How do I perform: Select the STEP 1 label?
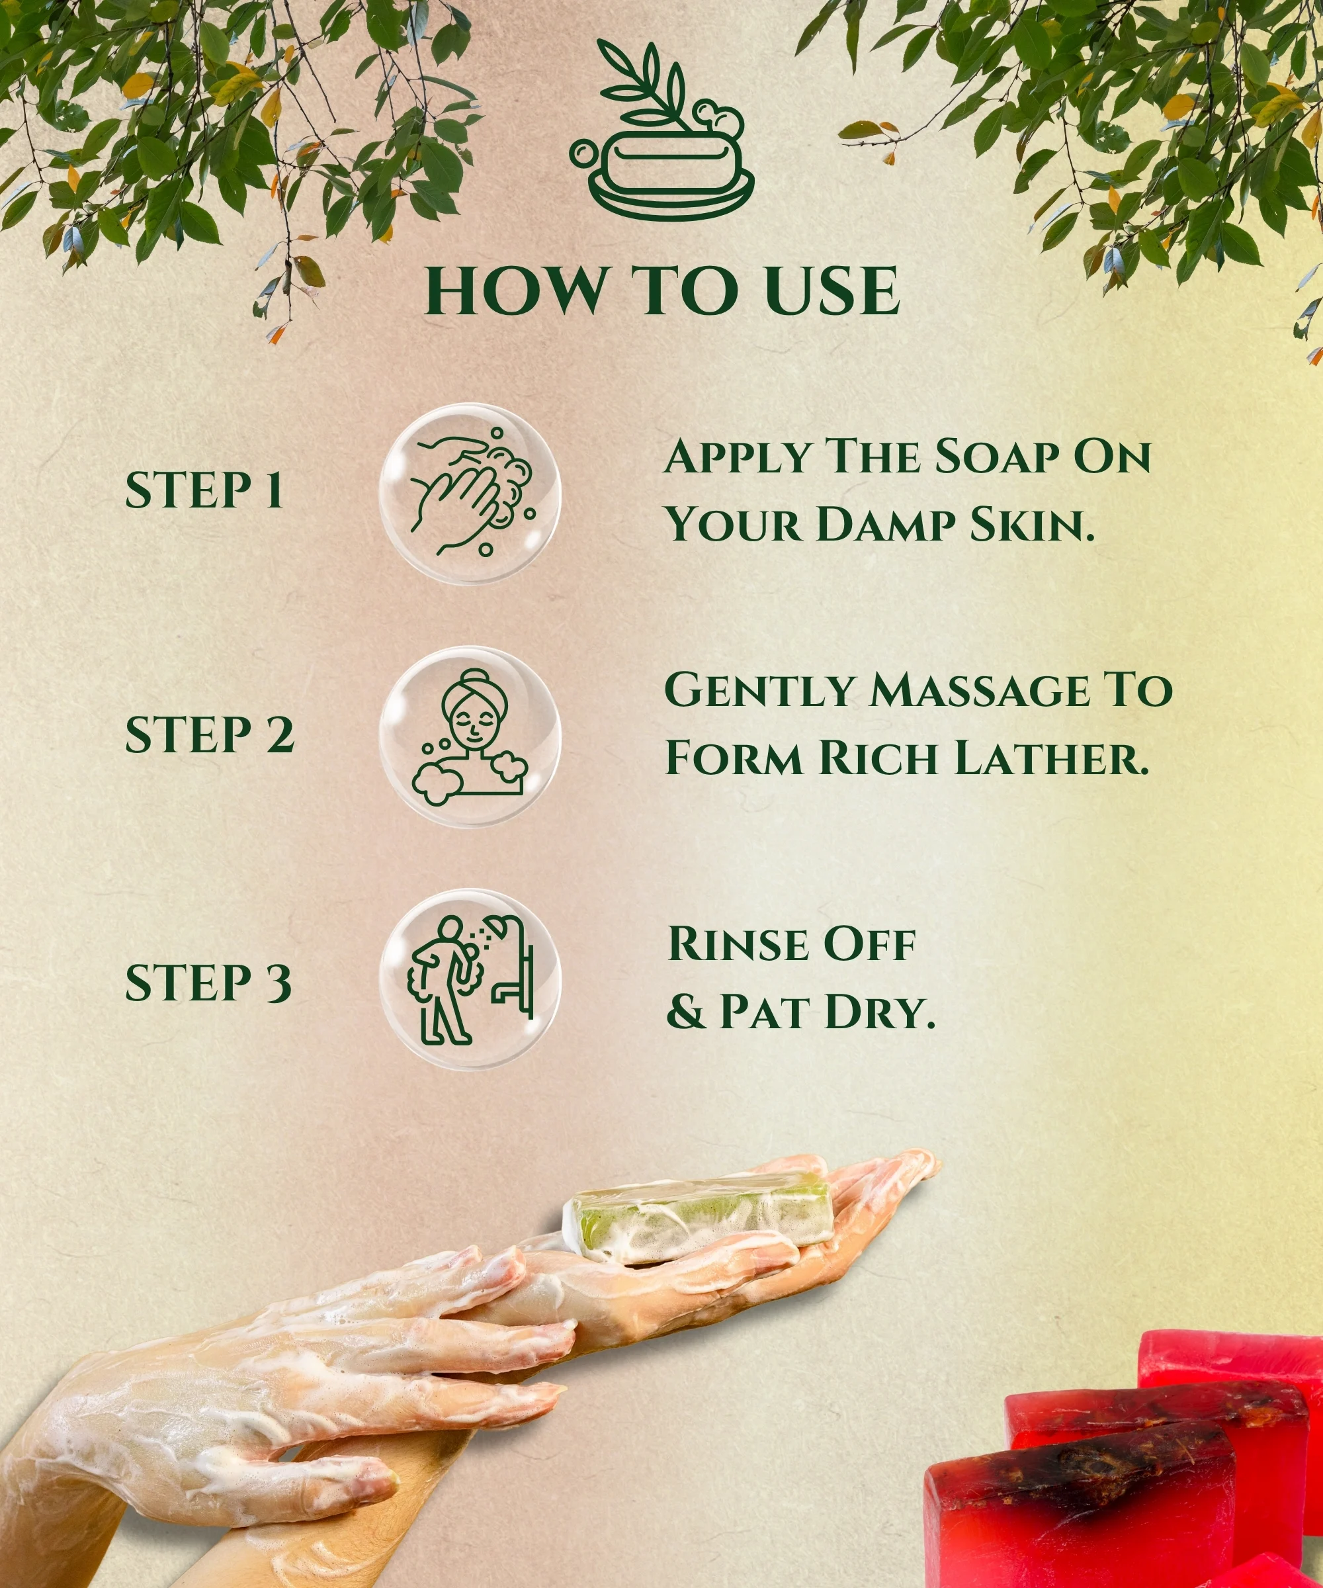(204, 490)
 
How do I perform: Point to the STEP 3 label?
(208, 983)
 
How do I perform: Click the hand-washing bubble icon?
(470, 493)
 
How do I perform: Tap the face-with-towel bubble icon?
(470, 736)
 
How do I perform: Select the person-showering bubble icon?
(470, 979)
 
